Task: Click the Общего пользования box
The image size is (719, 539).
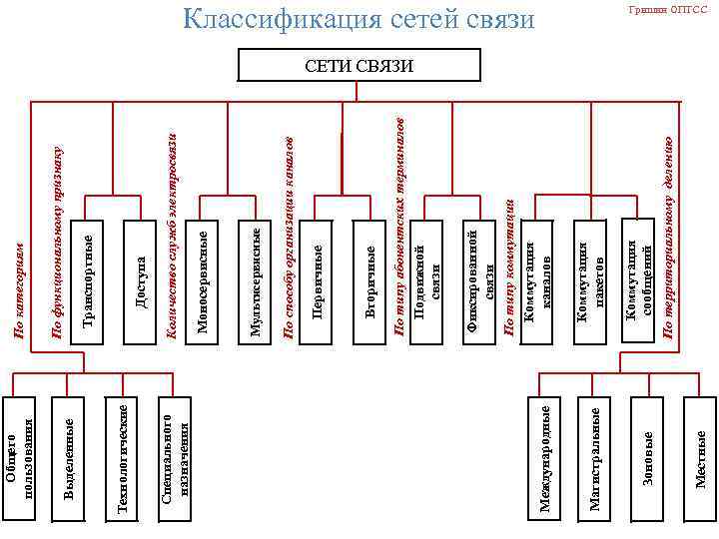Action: click(21, 459)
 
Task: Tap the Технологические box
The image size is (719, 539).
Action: click(122, 459)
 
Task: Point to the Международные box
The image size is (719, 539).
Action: click(544, 459)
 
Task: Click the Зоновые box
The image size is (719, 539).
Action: click(648, 459)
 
